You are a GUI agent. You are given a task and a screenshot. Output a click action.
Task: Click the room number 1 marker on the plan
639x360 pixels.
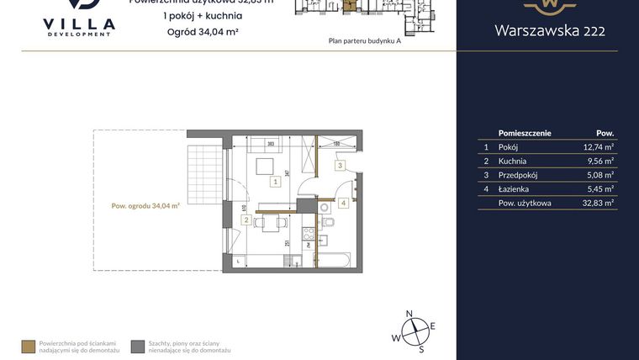click(275, 181)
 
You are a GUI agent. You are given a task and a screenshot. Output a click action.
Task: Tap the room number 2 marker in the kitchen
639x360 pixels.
click(246, 220)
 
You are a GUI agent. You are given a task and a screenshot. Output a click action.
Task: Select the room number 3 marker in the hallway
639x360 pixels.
click(339, 166)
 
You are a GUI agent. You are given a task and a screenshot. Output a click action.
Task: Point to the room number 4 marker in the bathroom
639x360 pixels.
click(343, 203)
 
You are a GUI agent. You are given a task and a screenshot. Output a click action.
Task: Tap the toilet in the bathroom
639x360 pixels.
click(329, 221)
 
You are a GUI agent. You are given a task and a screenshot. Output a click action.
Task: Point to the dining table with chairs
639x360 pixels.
click(272, 224)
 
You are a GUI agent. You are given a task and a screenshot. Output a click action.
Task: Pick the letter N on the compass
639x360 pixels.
click(409, 314)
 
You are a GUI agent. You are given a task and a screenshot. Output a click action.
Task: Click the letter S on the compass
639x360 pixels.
click(421, 348)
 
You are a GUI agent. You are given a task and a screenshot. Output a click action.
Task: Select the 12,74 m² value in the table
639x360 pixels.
click(598, 146)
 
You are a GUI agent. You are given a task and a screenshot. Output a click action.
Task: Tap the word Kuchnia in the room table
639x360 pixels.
click(514, 161)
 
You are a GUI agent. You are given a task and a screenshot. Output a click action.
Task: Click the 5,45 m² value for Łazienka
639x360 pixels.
click(598, 189)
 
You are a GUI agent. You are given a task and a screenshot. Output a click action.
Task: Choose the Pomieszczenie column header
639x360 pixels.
click(524, 133)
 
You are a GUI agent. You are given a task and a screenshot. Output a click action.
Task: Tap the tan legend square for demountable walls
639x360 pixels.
click(29, 346)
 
